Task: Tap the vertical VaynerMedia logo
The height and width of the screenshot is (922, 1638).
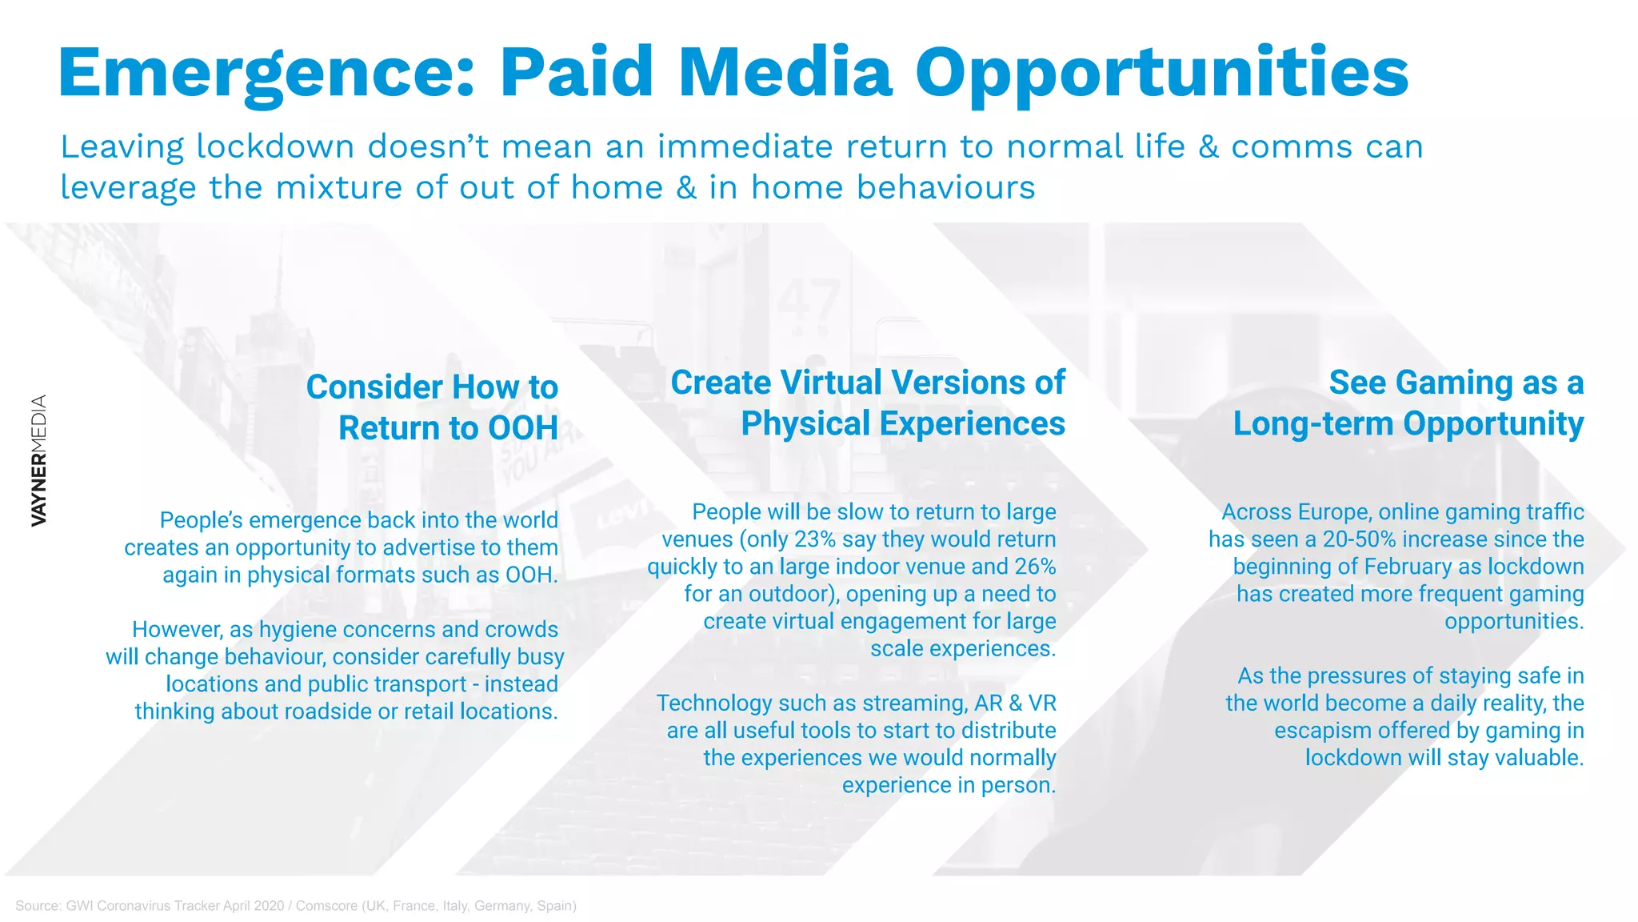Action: (38, 461)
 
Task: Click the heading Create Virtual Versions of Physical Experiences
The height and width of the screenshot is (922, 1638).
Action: (868, 403)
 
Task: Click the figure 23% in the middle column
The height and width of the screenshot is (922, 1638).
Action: (814, 539)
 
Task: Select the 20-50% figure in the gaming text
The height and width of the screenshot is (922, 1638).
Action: (1359, 539)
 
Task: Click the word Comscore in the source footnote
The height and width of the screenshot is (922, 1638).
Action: (326, 906)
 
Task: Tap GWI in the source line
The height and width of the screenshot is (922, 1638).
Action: (79, 906)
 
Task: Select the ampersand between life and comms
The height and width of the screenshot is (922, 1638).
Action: (1208, 147)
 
